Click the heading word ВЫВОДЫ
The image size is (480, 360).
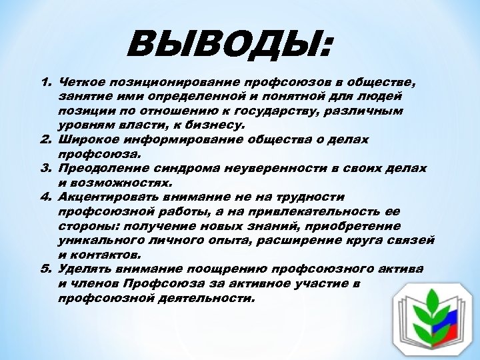(231, 45)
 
